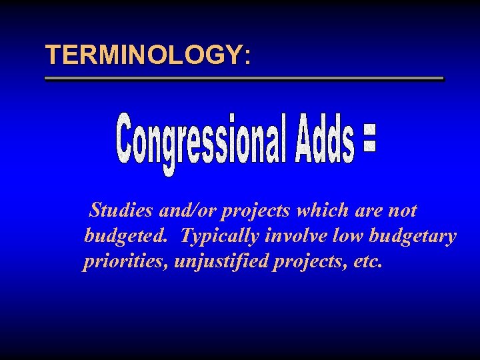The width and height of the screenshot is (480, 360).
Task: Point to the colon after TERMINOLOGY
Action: [247, 57]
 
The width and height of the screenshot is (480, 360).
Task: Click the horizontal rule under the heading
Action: [243, 79]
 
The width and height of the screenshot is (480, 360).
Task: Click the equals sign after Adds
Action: [371, 142]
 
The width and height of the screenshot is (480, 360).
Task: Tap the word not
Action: [403, 211]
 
